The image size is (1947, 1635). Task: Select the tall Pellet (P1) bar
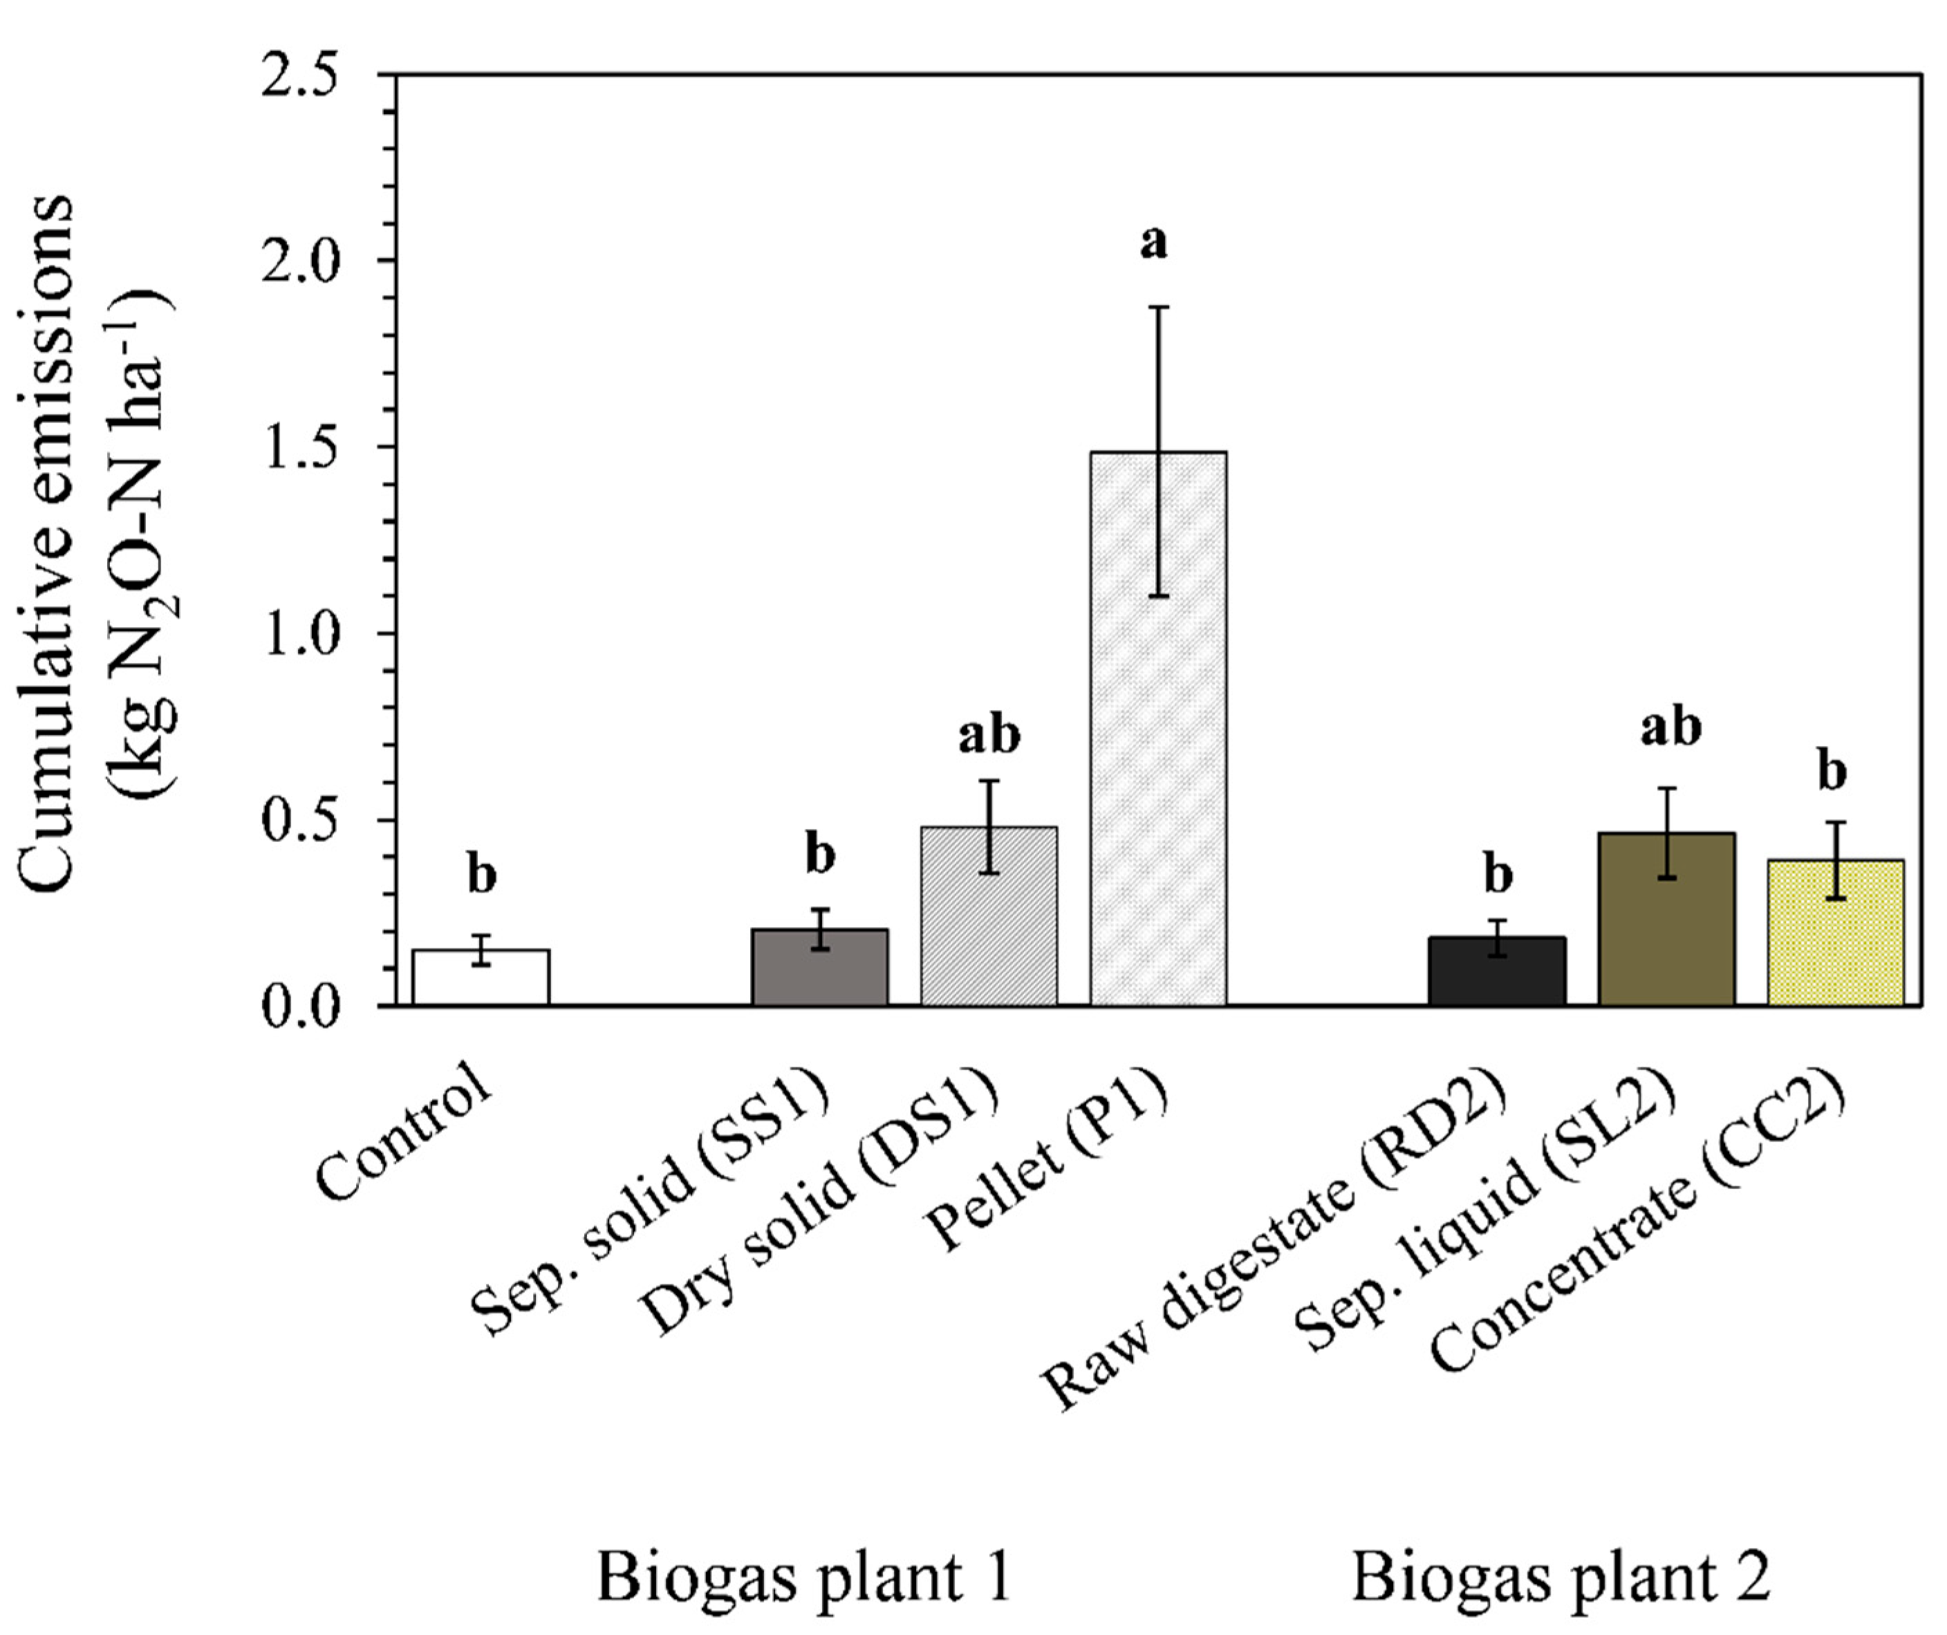click(x=1158, y=742)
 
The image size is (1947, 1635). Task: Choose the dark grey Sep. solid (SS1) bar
click(x=819, y=968)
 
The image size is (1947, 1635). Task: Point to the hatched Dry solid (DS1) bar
click(x=988, y=917)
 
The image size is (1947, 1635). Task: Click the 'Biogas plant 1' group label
click(x=803, y=1578)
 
